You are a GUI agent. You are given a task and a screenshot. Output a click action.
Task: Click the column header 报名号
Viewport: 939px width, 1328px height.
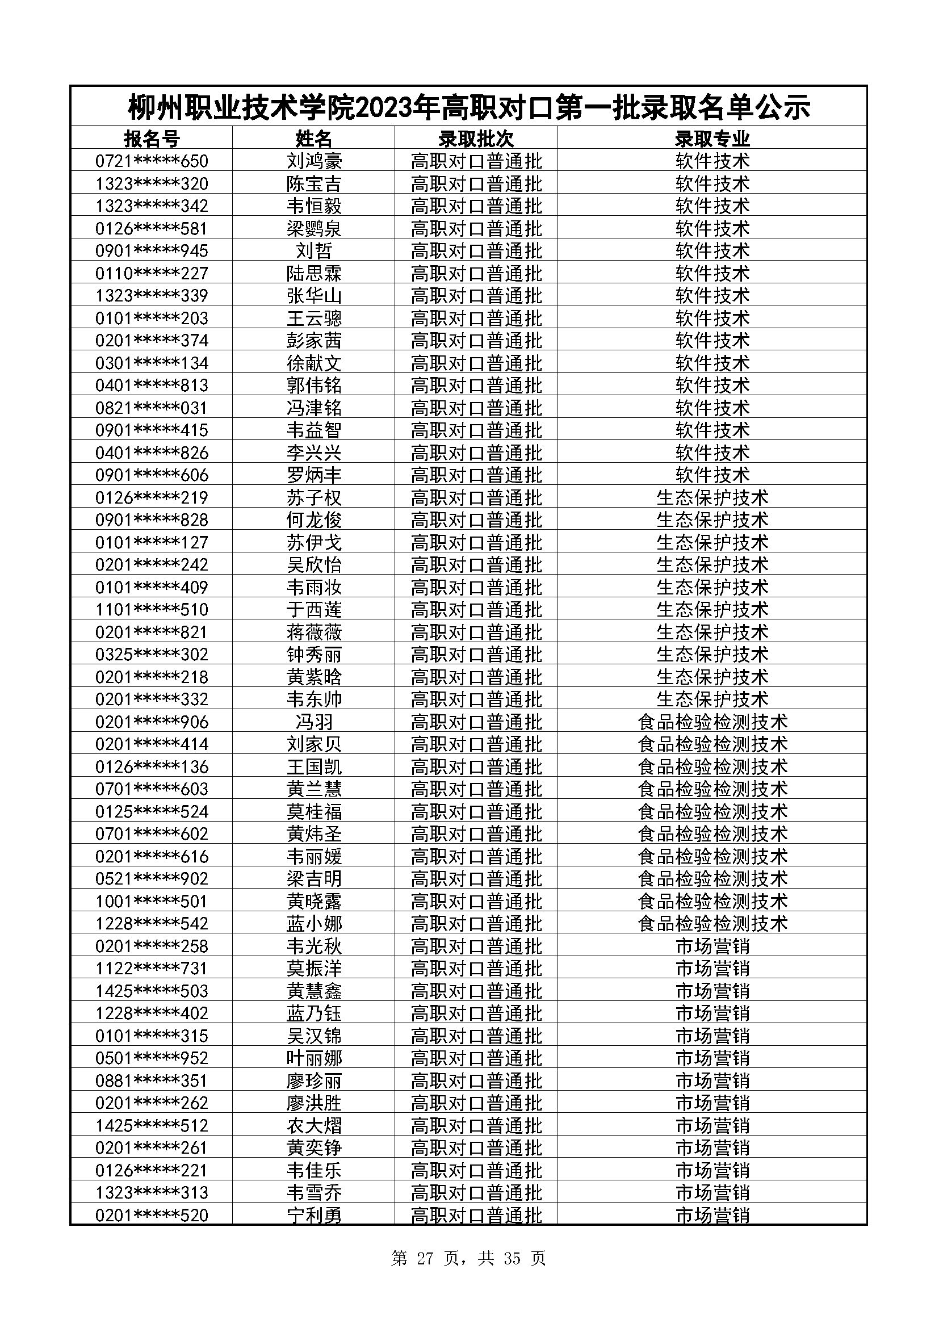tap(152, 139)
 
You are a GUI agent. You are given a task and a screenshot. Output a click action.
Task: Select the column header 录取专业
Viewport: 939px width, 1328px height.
tap(712, 139)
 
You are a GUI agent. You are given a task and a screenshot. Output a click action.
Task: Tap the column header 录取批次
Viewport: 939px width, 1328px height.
tap(476, 139)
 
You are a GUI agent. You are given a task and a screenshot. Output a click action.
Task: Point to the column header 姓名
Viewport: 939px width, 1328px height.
tap(314, 139)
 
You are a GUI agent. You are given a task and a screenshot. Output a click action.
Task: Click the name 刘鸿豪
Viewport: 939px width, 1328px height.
tap(314, 161)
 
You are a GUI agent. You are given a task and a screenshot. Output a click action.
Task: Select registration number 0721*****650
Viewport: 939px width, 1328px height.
tap(152, 161)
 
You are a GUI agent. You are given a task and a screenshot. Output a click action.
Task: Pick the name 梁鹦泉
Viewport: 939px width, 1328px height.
tap(314, 228)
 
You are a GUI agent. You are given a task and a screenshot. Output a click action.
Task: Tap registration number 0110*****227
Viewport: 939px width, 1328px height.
tap(152, 273)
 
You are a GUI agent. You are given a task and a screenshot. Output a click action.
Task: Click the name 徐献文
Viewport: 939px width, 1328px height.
tap(314, 363)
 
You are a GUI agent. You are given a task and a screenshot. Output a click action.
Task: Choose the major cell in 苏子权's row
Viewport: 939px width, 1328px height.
tap(712, 497)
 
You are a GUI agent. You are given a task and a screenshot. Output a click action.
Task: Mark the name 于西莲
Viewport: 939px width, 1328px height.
tap(314, 610)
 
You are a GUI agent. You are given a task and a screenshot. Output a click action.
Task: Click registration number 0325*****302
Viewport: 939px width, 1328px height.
tap(152, 654)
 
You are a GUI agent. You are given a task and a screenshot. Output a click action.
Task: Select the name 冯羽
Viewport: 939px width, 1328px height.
tap(314, 722)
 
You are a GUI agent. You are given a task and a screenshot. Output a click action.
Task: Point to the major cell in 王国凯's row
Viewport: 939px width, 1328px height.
tap(712, 767)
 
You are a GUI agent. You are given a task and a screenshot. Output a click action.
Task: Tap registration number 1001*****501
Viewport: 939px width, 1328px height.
tap(152, 901)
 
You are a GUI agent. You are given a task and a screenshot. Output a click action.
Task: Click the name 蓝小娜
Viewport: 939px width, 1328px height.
tap(314, 923)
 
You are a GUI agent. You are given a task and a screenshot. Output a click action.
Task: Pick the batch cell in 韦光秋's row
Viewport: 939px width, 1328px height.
tap(476, 946)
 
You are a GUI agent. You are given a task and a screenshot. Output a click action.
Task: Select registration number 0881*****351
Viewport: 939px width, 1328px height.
tap(152, 1080)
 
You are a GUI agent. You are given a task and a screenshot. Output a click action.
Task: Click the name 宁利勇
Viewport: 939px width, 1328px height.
tap(314, 1215)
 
